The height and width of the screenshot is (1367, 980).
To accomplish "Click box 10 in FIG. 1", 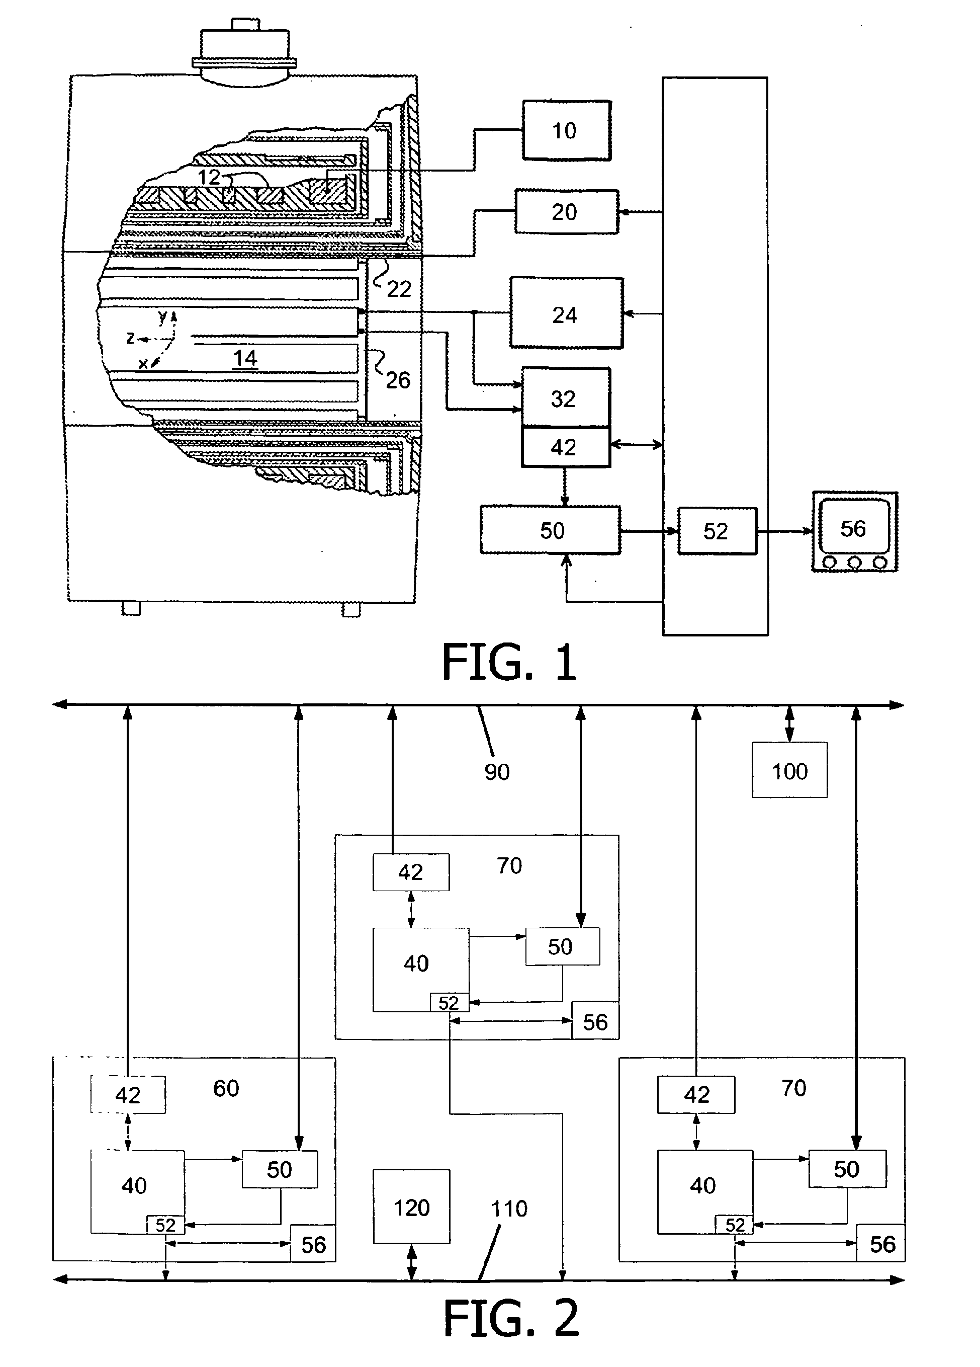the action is pyautogui.click(x=566, y=130).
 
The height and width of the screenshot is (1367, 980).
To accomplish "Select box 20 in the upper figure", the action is pyautogui.click(x=566, y=211).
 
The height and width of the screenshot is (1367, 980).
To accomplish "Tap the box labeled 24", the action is pyautogui.click(x=566, y=313).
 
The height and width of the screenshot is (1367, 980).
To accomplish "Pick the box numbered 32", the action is pyautogui.click(x=566, y=398).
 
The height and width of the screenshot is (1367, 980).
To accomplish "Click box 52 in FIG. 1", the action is pyautogui.click(x=717, y=531).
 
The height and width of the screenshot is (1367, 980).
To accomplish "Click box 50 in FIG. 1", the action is pyautogui.click(x=551, y=530).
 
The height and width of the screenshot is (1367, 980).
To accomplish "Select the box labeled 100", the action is pyautogui.click(x=789, y=770).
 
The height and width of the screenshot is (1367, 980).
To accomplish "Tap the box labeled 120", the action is pyautogui.click(x=411, y=1208).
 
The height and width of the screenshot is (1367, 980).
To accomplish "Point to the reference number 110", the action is pyautogui.click(x=509, y=1208).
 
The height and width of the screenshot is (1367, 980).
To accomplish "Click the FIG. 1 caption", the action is pyautogui.click(x=509, y=662).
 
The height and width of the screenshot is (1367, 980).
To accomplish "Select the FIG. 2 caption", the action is pyautogui.click(x=511, y=1318).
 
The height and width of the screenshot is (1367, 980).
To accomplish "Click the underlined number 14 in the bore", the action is pyautogui.click(x=245, y=359).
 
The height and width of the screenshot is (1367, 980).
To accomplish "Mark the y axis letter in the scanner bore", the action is pyautogui.click(x=162, y=317).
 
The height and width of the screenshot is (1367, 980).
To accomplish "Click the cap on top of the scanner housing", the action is pyautogui.click(x=244, y=52).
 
